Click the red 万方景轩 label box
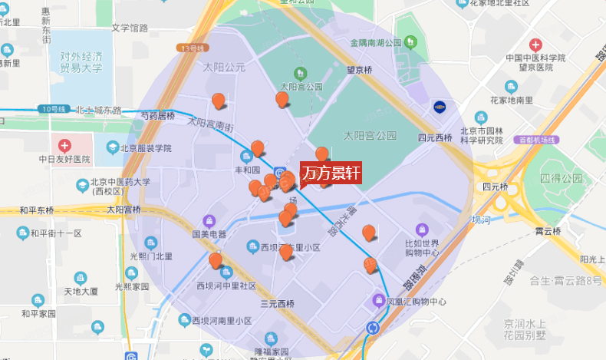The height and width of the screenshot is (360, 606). pyautogui.click(x=330, y=173)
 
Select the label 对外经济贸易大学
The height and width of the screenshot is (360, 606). pyautogui.click(x=71, y=61)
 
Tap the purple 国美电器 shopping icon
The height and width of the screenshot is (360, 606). pyautogui.click(x=208, y=220)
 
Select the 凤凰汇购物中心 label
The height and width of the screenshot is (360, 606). pyautogui.click(x=416, y=302)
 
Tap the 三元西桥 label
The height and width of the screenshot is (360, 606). pyautogui.click(x=277, y=304)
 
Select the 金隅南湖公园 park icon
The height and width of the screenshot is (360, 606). pyautogui.click(x=410, y=41)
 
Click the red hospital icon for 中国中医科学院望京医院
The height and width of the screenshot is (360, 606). pyautogui.click(x=535, y=45)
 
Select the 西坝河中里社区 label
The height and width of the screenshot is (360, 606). pyautogui.click(x=226, y=286)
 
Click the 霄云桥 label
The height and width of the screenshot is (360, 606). pyautogui.click(x=548, y=230)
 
